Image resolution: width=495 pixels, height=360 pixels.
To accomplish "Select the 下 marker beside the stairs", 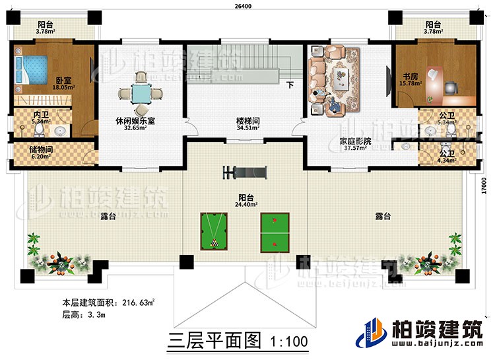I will pyautogui.click(x=290, y=85).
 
